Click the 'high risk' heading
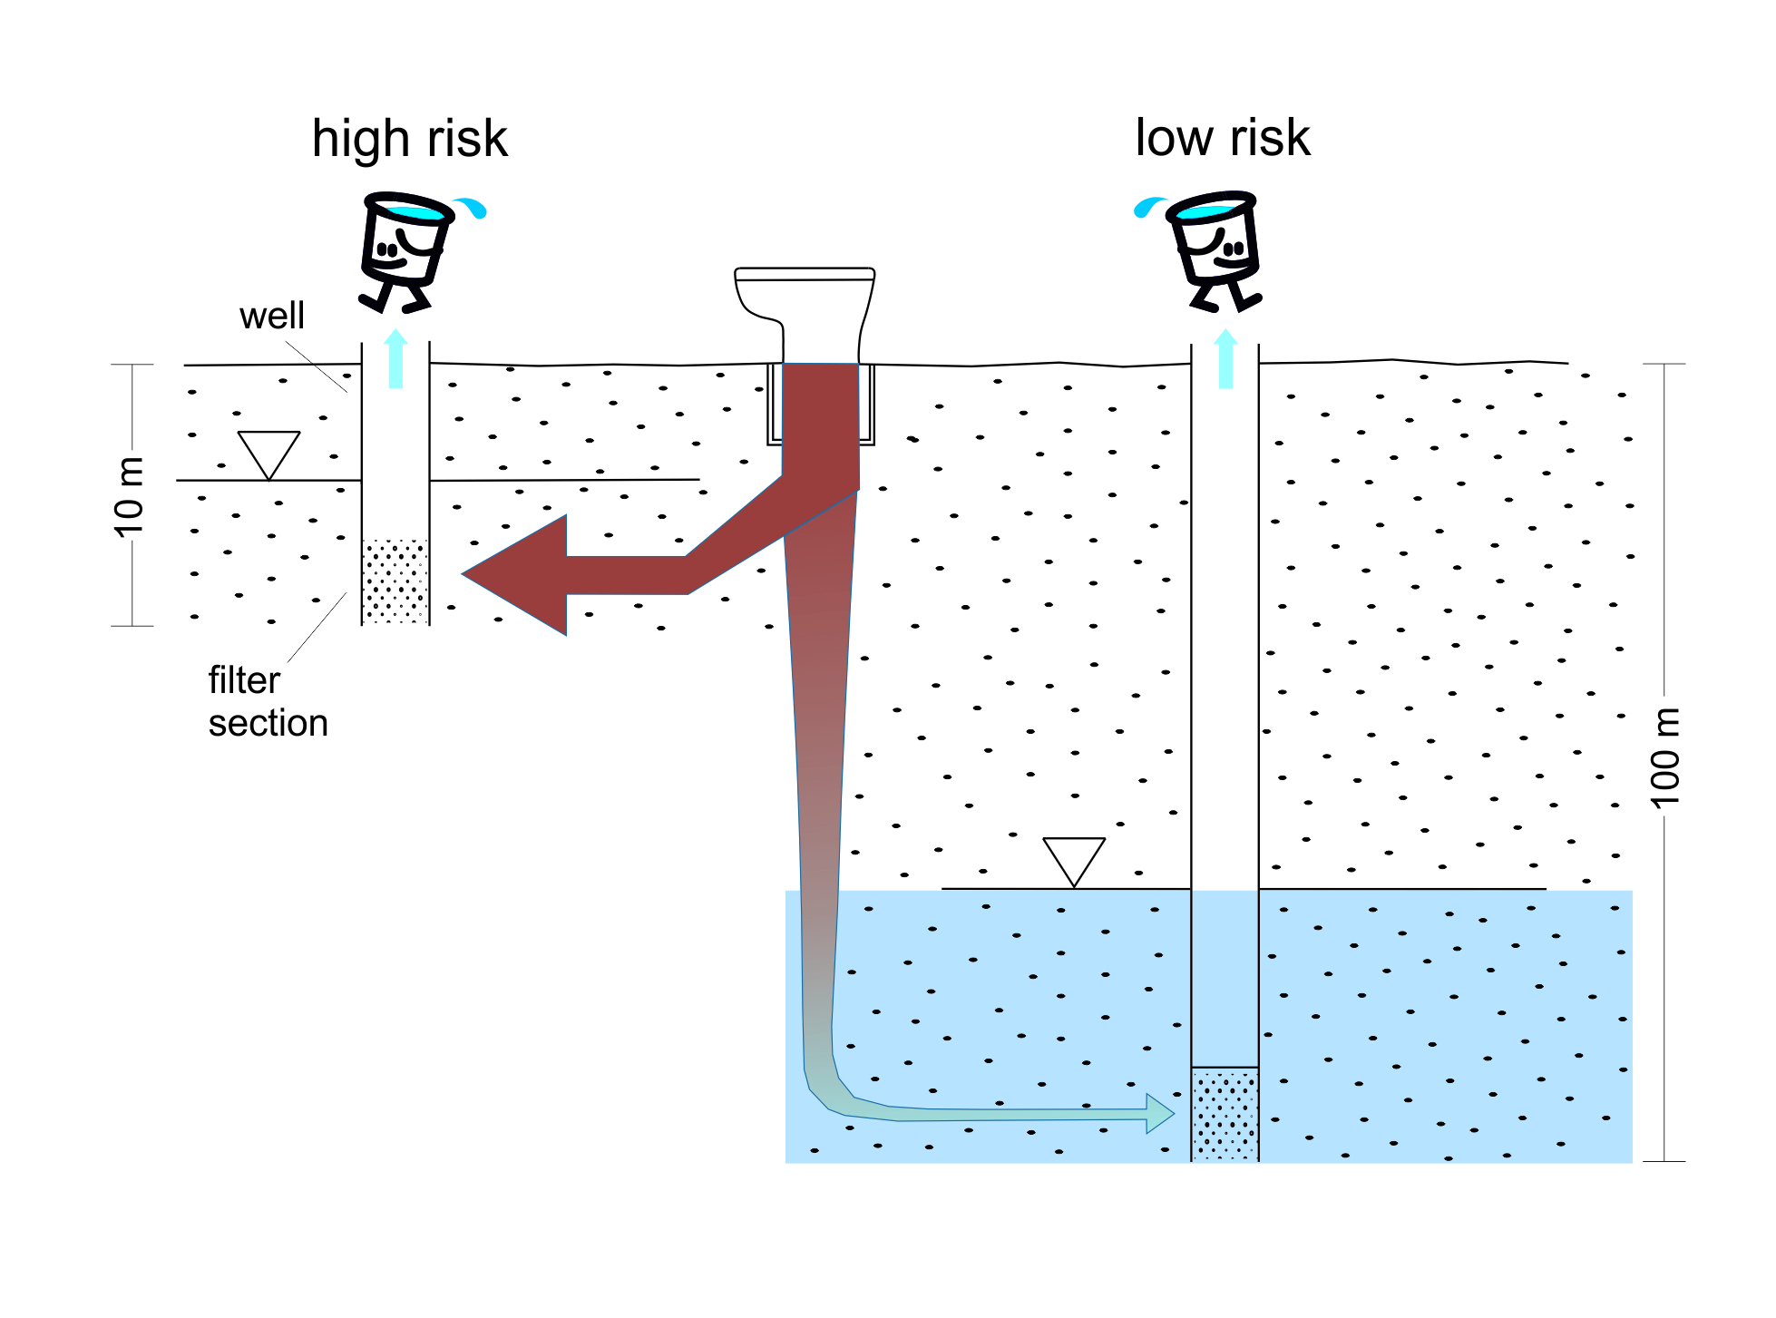pyautogui.click(x=409, y=140)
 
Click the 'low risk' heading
pyautogui.click(x=1222, y=139)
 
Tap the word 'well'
pyautogui.click(x=271, y=317)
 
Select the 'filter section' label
pyautogui.click(x=267, y=701)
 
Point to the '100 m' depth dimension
pyautogui.click(x=1664, y=757)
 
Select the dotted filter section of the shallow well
pyautogui.click(x=395, y=581)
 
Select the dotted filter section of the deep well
pyautogui.click(x=1225, y=1113)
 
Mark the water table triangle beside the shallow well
pyautogui.click(x=268, y=451)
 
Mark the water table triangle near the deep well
pyautogui.click(x=1074, y=857)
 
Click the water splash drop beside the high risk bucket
pyautogui.click(x=473, y=208)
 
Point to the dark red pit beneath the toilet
pyautogui.click(x=820, y=417)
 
